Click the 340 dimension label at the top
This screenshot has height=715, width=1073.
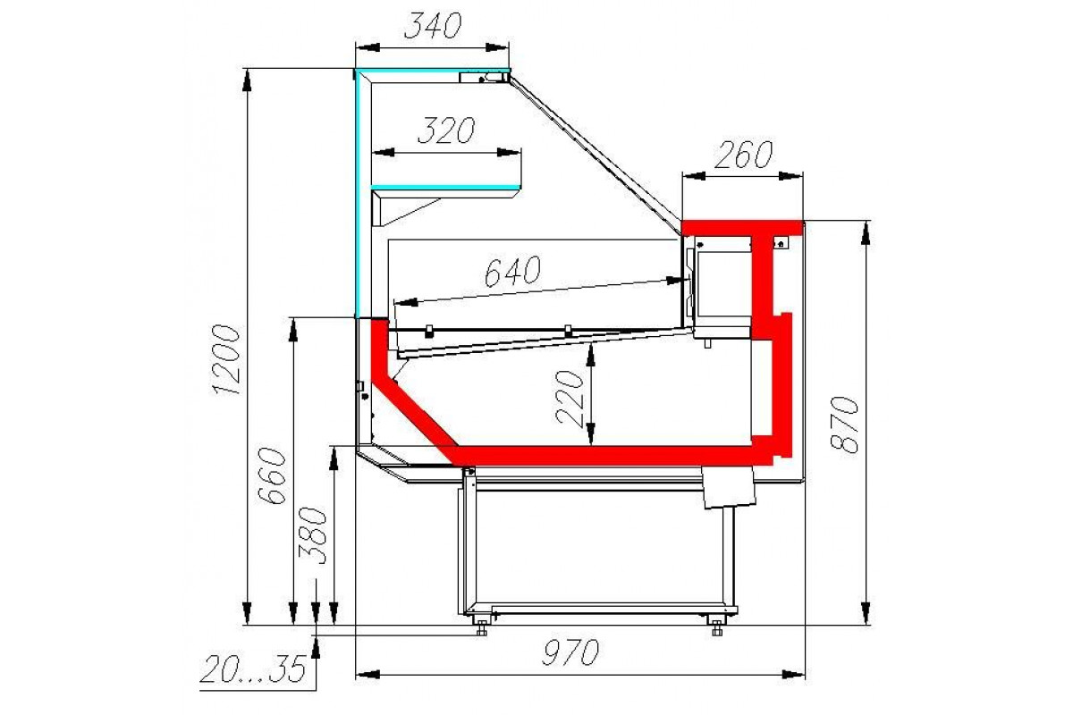(x=433, y=26)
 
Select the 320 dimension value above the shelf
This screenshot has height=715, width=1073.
(x=446, y=130)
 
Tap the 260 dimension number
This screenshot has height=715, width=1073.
(x=743, y=155)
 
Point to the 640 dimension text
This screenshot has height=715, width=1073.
(x=512, y=271)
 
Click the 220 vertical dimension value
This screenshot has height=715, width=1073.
(x=570, y=398)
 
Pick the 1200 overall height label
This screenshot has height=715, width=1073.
(x=225, y=359)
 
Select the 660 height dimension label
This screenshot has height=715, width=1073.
(x=272, y=475)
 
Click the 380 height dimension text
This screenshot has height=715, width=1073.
(x=312, y=535)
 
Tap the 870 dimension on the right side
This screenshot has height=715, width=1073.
(x=843, y=425)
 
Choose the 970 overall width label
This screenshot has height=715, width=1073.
(x=570, y=652)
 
